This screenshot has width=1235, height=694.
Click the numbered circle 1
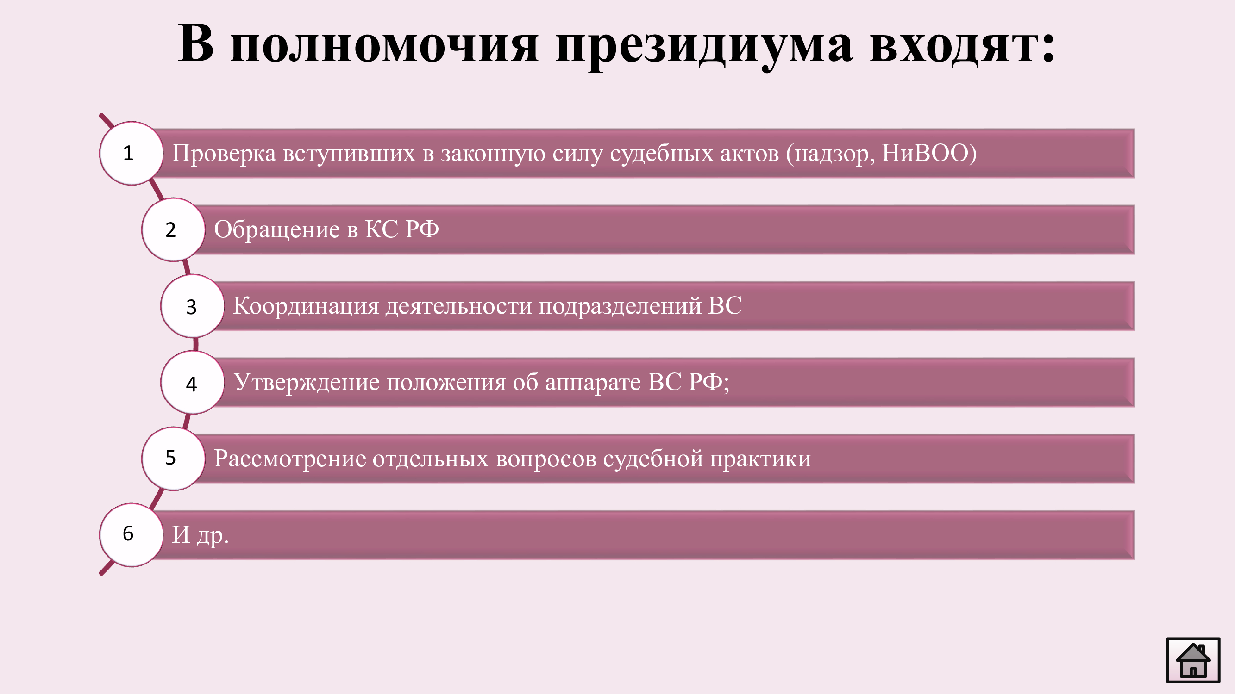[x=132, y=153]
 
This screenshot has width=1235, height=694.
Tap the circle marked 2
[x=174, y=229]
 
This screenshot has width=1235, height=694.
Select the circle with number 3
[x=192, y=306]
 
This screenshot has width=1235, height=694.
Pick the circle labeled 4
[x=192, y=382]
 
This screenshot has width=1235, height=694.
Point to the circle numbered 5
[x=174, y=459]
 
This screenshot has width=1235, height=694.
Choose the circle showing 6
[x=132, y=535]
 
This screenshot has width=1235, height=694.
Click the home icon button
[x=1193, y=660]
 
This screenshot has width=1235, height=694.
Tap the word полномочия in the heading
[x=384, y=46]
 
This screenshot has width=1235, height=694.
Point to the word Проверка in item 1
[x=224, y=154]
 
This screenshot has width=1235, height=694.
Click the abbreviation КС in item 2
[x=382, y=229]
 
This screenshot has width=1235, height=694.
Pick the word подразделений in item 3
[x=620, y=306]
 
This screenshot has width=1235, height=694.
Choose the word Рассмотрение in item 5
[x=289, y=459]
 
